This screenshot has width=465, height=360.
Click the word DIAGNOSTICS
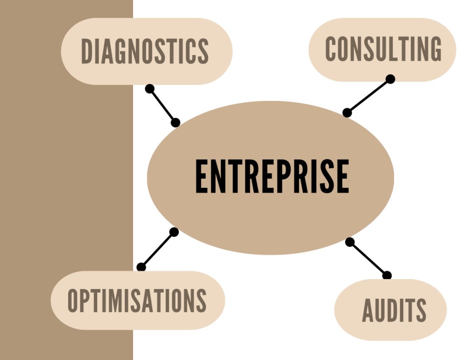145,51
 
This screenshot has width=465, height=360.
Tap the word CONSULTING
383,49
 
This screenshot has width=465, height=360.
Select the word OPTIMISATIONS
137,300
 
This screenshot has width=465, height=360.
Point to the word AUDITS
394,310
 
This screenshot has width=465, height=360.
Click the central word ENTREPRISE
272,176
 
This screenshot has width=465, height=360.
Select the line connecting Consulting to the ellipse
368,96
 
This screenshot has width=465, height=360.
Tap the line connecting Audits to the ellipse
368,259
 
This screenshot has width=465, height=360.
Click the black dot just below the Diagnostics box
150,89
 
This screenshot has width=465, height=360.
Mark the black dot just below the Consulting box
390,79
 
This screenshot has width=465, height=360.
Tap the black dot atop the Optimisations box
141,267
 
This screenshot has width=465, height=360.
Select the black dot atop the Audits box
387,275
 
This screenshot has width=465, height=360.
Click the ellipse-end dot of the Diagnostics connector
176,123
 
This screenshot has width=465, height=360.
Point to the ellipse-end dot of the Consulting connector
347,113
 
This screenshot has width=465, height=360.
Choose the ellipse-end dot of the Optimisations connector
174,232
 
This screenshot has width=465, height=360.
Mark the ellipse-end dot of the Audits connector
350,242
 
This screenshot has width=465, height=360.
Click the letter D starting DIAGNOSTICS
87,51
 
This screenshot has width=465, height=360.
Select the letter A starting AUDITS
368,310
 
